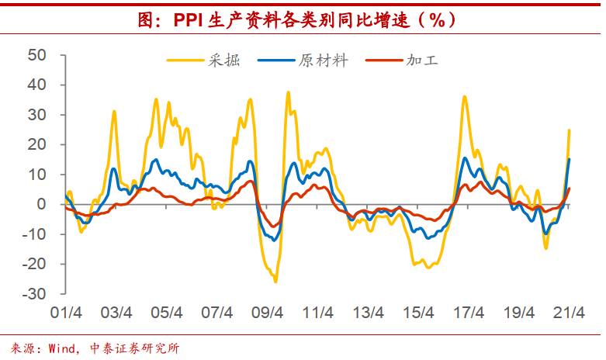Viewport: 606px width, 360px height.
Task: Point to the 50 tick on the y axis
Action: (x=37, y=55)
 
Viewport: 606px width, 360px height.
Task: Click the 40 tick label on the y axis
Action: (x=37, y=85)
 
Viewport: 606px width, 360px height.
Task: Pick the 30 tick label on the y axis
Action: (x=37, y=115)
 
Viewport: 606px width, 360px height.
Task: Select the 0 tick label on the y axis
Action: (x=43, y=205)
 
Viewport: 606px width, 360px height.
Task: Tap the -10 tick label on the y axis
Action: (x=34, y=234)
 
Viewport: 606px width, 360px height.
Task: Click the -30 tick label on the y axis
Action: (x=34, y=294)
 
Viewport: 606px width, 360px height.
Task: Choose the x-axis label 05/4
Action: (x=167, y=313)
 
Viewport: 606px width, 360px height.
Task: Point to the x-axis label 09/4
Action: (x=268, y=313)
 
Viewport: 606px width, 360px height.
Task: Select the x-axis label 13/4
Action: (x=369, y=313)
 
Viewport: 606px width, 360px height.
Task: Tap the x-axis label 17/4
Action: (x=469, y=313)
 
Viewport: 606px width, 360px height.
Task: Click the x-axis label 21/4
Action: (x=570, y=313)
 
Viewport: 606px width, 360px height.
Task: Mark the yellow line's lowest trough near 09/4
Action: (x=275, y=281)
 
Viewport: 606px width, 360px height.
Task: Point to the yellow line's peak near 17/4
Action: (x=464, y=97)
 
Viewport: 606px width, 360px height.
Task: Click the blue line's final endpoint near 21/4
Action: (x=570, y=159)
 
